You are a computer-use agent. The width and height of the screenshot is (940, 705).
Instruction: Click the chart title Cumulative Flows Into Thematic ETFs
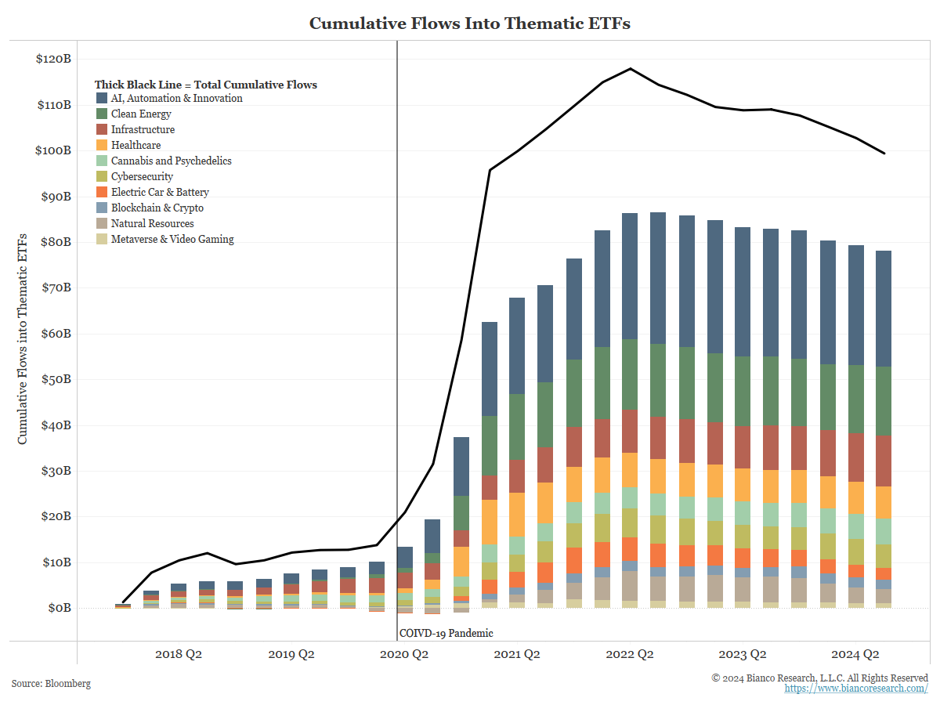pyautogui.click(x=469, y=23)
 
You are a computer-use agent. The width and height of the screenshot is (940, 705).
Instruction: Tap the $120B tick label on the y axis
pyautogui.click(x=54, y=59)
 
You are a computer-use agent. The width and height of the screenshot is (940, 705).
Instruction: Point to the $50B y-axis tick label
pyautogui.click(x=56, y=379)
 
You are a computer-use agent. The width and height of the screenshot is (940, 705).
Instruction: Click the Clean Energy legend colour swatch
pyautogui.click(x=102, y=114)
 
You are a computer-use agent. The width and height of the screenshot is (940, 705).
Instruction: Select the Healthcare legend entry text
pyautogui.click(x=136, y=146)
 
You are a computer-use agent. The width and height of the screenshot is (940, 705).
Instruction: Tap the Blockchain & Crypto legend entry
pyautogui.click(x=157, y=208)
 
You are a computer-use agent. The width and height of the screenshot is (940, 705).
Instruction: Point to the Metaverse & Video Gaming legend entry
pyautogui.click(x=172, y=240)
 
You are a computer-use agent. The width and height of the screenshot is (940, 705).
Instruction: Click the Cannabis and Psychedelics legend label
pyautogui.click(x=171, y=161)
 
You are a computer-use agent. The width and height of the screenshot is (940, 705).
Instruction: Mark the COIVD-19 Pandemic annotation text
pyautogui.click(x=446, y=633)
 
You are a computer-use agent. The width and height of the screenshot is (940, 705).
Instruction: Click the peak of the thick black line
pyautogui.click(x=631, y=68)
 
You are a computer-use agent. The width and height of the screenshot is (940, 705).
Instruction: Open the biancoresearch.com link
pyautogui.click(x=856, y=689)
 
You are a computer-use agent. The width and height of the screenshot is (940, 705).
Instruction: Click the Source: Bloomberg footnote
pyautogui.click(x=51, y=684)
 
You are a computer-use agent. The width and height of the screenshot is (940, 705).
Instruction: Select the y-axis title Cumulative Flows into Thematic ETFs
pyautogui.click(x=23, y=338)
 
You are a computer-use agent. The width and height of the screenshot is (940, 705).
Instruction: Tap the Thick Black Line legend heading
pyautogui.click(x=206, y=85)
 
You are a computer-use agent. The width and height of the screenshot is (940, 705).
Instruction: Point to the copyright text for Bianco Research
pyautogui.click(x=819, y=678)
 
